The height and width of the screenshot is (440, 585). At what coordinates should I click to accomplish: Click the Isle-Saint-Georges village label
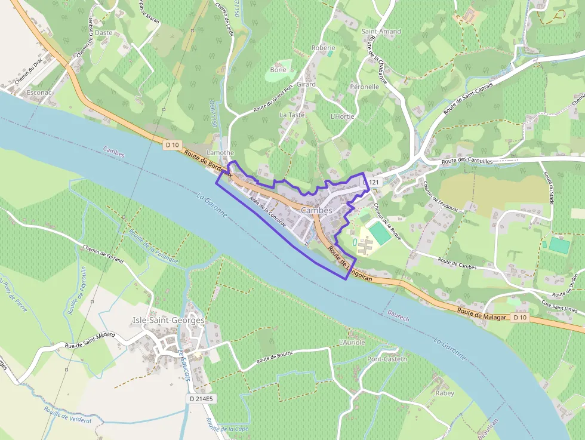pyautogui.click(x=168, y=321)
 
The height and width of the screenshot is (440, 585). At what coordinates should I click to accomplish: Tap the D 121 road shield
pyautogui.click(x=371, y=182)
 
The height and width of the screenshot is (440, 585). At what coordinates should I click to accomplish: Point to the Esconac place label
pyautogui.click(x=39, y=93)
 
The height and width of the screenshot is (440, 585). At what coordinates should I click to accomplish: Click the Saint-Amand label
pyautogui.click(x=381, y=31)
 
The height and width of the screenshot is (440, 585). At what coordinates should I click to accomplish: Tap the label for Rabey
pyautogui.click(x=445, y=393)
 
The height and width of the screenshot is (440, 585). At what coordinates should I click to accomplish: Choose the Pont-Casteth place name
pyautogui.click(x=387, y=359)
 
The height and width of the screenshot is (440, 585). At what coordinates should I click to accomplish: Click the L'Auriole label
pyautogui.click(x=351, y=343)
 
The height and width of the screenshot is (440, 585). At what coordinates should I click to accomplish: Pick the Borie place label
pyautogui.click(x=278, y=69)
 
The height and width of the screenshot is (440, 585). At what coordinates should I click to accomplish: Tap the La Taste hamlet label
pyautogui.click(x=292, y=115)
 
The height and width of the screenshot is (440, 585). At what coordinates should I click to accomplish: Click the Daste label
pyautogui.click(x=104, y=33)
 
